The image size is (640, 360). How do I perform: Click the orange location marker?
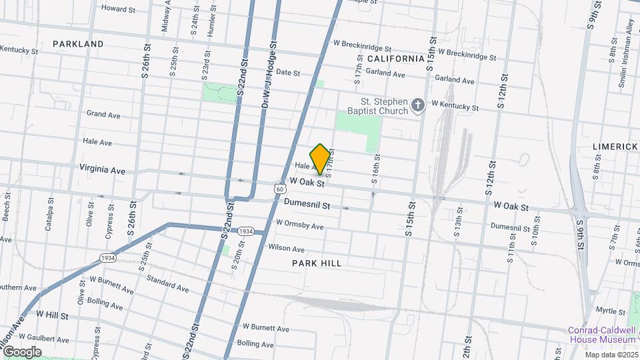tap(321, 159)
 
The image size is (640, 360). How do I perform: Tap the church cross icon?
tap(417, 105)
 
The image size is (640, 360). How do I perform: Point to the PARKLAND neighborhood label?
tap(78, 44)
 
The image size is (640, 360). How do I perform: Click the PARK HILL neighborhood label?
tap(317, 263)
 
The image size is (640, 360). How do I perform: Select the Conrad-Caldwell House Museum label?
tap(602, 335)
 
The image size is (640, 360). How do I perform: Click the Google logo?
tap(21, 351)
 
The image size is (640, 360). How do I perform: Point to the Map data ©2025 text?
tap(611, 355)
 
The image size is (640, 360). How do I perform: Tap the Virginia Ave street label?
tap(102, 170)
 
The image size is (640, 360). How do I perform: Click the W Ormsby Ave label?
tap(299, 225)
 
